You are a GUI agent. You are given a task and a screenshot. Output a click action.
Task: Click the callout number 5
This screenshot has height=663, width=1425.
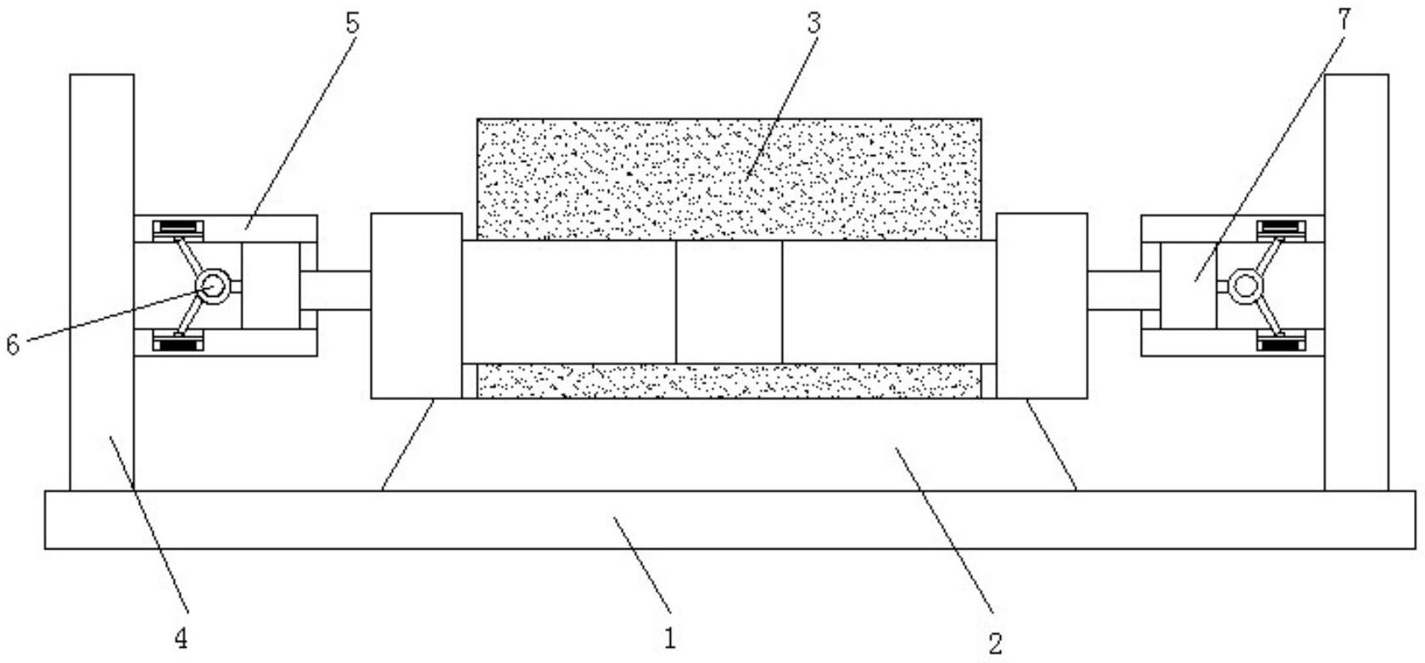click(x=353, y=23)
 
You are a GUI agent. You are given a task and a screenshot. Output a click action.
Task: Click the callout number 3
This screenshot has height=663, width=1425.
click(x=813, y=23)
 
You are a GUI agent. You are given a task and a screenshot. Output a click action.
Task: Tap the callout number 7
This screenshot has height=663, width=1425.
click(x=1343, y=19)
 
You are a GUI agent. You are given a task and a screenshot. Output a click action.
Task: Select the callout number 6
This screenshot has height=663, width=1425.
click(x=13, y=344)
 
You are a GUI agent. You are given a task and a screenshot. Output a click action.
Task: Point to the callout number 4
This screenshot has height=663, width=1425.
click(x=182, y=638)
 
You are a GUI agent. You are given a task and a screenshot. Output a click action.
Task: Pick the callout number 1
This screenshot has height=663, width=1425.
click(x=669, y=638)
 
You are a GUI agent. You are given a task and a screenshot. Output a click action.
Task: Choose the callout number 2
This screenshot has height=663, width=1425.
click(x=996, y=643)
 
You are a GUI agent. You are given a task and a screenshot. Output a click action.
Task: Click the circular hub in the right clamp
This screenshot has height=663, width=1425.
click(x=1245, y=286)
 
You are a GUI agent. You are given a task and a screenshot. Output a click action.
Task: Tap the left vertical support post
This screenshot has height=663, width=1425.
click(x=102, y=282)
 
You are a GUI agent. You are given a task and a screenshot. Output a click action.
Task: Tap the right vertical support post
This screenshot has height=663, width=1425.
click(x=1356, y=282)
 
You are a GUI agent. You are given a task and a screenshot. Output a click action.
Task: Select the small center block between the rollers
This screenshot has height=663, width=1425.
click(x=729, y=302)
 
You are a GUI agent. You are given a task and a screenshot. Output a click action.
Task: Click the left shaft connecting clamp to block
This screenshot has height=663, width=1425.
click(x=335, y=291)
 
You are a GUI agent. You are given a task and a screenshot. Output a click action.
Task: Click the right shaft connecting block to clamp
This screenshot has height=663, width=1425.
click(x=1124, y=291)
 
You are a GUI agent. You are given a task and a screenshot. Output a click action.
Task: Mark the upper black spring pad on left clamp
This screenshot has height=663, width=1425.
click(x=178, y=228)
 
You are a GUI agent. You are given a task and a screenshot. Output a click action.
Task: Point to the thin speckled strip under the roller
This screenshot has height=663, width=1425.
click(x=729, y=382)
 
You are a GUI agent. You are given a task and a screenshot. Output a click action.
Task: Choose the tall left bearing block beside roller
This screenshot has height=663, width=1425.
click(x=416, y=306)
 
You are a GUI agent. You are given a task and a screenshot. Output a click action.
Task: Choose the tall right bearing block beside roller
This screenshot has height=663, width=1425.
click(x=1042, y=306)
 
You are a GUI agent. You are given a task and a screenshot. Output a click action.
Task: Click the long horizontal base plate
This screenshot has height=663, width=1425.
click(x=730, y=520)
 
